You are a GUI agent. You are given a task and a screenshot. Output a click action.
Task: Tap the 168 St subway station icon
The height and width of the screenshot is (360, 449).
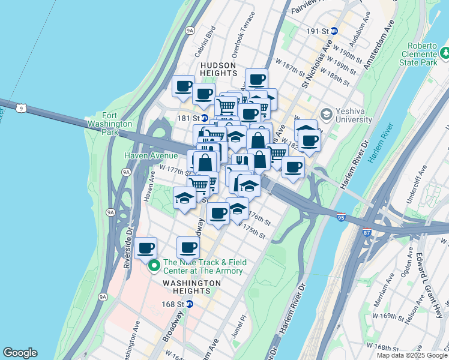click(190, 304)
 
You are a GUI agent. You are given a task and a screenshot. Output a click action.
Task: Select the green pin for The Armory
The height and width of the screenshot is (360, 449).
click(154, 265)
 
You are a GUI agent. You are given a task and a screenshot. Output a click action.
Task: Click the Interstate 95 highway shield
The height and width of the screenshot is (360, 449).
click(341, 216)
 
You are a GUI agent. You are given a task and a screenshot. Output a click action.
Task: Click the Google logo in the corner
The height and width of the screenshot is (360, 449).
click(20, 353)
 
